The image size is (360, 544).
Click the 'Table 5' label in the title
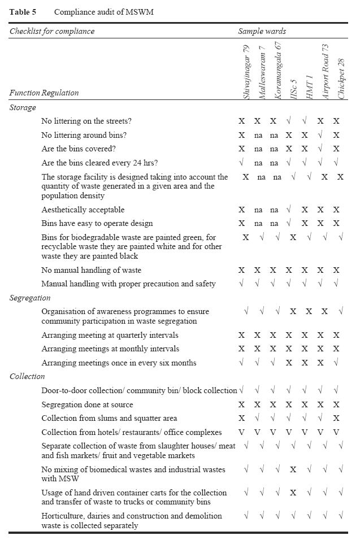click(20, 11)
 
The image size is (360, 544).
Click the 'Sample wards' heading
click(262, 32)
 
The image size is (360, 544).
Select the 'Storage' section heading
click(23, 107)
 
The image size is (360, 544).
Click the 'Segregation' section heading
click(30, 298)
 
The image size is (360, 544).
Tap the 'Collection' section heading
click(27, 376)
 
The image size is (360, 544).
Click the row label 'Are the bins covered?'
click(79, 149)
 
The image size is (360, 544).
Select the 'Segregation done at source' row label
click(87, 404)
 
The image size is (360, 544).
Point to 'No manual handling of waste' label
click(92, 270)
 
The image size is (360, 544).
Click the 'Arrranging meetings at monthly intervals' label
click(111, 349)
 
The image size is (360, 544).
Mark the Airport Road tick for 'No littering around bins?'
click(321, 135)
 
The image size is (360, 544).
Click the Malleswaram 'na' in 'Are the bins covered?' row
click(258, 149)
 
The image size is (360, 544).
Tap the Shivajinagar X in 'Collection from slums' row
click(242, 419)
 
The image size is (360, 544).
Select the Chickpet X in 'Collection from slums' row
click(337, 419)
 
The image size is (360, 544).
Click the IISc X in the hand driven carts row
click(293, 493)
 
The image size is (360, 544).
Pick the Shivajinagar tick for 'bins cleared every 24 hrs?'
click(242, 163)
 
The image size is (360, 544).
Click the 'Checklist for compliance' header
click(52, 32)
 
